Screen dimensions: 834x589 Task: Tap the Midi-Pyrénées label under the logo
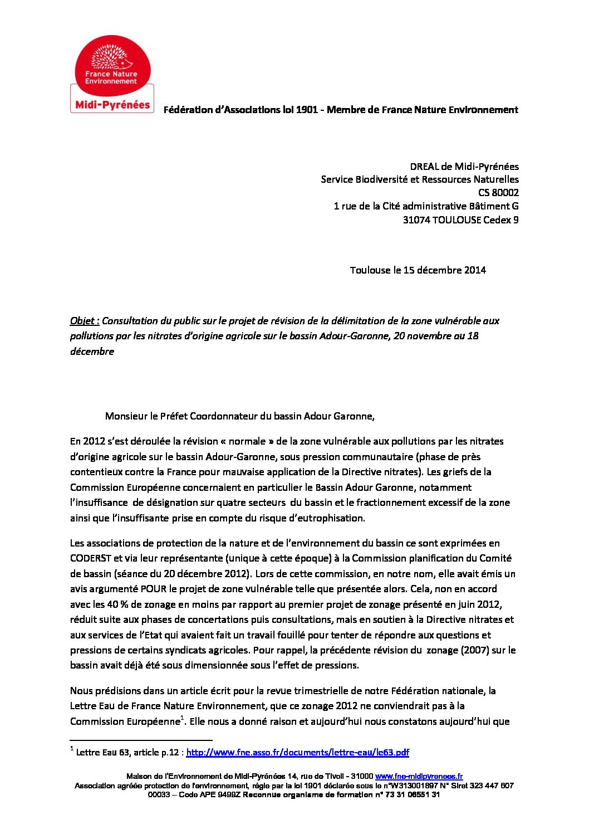point(112,105)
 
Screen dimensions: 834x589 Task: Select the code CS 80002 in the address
point(498,193)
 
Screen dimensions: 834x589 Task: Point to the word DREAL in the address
point(424,167)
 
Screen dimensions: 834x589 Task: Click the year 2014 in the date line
point(475,270)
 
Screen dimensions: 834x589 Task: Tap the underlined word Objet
point(84,321)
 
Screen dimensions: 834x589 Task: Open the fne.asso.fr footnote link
point(297,753)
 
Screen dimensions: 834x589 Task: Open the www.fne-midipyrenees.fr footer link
point(419,777)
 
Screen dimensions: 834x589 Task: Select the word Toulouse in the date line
point(370,270)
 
